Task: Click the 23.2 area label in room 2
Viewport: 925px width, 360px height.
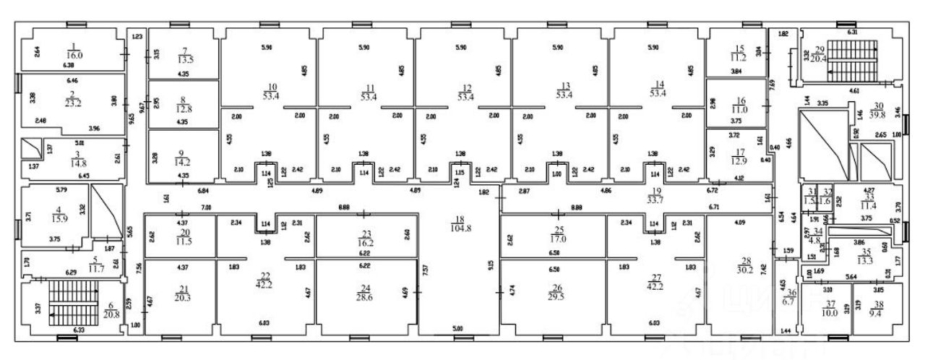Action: pyautogui.click(x=72, y=103)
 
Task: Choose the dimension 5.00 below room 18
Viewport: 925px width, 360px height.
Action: pyautogui.click(x=457, y=328)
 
